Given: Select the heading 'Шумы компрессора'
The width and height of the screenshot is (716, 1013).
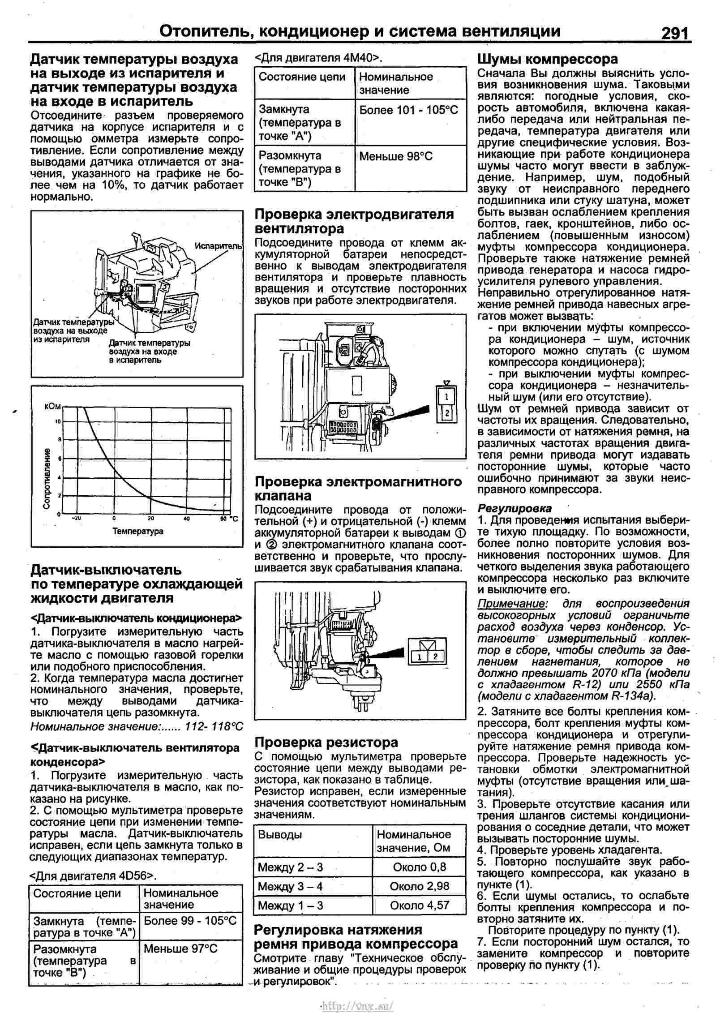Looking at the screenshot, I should tap(547, 59).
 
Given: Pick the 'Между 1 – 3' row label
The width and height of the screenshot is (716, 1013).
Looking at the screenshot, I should tap(290, 906).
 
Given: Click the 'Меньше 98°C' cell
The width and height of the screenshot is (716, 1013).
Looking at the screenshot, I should tap(396, 156).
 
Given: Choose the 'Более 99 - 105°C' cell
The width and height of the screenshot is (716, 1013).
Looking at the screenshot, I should tap(190, 921).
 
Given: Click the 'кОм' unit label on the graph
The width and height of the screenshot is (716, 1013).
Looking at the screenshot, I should tap(52, 407).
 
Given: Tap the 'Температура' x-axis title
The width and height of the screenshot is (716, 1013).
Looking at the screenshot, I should tap(137, 532).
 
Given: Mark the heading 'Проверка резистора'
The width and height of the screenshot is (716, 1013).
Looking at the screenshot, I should tap(326, 743).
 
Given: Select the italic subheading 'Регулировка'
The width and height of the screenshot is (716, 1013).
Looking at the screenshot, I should tap(514, 508).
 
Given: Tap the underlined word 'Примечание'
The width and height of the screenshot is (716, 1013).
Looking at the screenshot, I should tap(511, 604).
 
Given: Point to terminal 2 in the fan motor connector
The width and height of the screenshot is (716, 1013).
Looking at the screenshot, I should tap(446, 412).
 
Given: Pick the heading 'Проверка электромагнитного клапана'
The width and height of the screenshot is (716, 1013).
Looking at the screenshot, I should tap(358, 489).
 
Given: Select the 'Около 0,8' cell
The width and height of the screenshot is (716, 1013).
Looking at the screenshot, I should tap(419, 867).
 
